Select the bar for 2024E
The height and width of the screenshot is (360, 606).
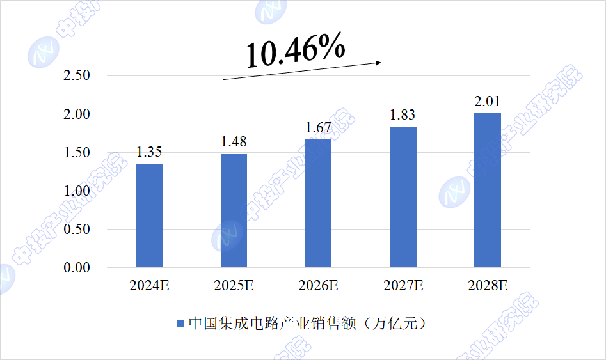point(149,215)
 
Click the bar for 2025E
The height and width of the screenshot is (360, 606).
point(234,210)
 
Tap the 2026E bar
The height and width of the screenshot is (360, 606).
point(318,203)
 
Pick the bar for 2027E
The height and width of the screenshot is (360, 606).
point(403,197)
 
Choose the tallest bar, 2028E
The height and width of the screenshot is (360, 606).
point(488,190)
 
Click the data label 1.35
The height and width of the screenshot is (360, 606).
point(149,152)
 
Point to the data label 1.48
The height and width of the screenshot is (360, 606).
point(234,142)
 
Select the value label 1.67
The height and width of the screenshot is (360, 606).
point(318,127)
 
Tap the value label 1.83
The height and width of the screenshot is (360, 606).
point(403,115)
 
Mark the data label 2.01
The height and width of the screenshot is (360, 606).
point(488,101)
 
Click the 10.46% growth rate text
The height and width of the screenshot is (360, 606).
point(296,51)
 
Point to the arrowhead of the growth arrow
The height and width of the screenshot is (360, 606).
point(379,62)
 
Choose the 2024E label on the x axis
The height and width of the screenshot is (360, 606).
point(149,286)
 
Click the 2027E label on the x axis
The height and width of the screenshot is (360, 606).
point(403,286)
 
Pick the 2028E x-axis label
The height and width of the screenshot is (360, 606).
point(488,286)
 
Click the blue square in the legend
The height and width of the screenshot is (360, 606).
point(180,324)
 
